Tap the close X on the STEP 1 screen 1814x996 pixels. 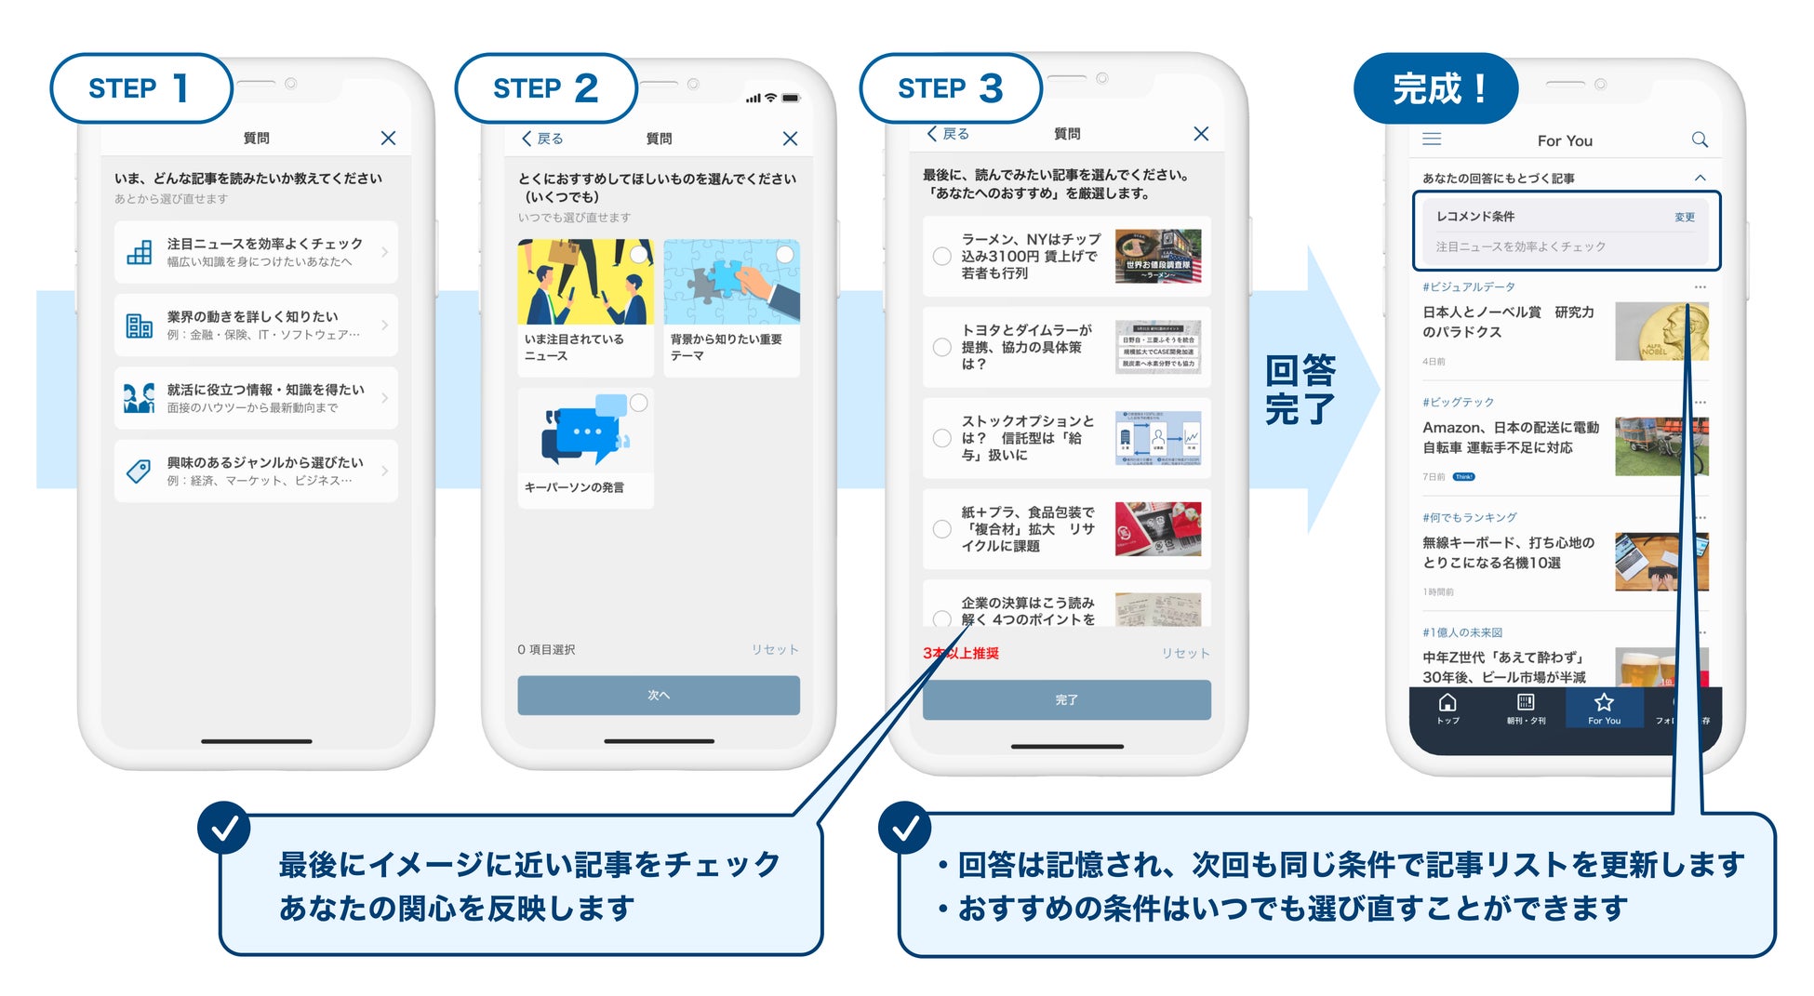[x=388, y=139]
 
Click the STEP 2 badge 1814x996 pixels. [x=546, y=88]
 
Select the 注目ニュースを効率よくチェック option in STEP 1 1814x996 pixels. [x=256, y=252]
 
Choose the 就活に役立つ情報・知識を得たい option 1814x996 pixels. [x=256, y=398]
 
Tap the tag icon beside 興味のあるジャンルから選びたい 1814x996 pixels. [x=139, y=471]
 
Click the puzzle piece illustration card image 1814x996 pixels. [x=731, y=282]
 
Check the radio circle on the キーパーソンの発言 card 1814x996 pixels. [x=639, y=403]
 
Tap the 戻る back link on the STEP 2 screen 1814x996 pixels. [x=542, y=139]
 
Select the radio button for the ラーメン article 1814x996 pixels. [x=941, y=256]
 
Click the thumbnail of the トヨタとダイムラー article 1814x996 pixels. [x=1157, y=347]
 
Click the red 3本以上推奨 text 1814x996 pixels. [x=961, y=654]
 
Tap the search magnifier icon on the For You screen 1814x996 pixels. [x=1699, y=139]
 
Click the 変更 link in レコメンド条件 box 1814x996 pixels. [x=1684, y=217]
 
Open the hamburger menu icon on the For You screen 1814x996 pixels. [x=1432, y=139]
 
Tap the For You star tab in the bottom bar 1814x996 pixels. [x=1603, y=708]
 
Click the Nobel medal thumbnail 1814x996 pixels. [x=1661, y=332]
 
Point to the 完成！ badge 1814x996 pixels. [x=1437, y=89]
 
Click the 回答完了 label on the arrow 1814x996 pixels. [x=1300, y=390]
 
